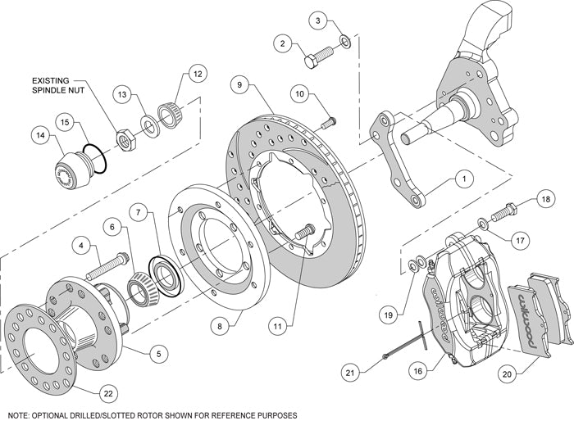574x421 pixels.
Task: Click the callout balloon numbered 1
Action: click(463, 176)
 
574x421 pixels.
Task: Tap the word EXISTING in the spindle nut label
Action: click(52, 80)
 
